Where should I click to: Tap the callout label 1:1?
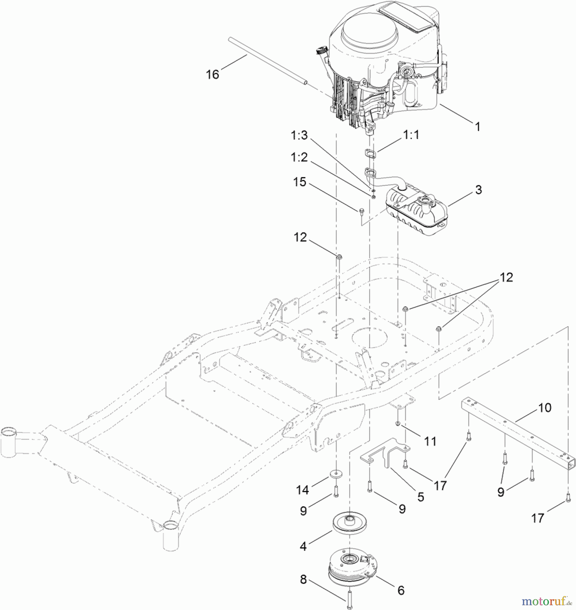(x=411, y=135)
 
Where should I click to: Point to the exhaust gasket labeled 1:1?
(x=371, y=154)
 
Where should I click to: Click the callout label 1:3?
(x=299, y=135)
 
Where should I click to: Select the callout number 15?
(x=300, y=182)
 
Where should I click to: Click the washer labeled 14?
(x=335, y=473)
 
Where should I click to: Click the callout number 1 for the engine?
(x=478, y=127)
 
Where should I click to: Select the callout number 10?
(x=544, y=408)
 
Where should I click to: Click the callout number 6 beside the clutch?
(x=401, y=590)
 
